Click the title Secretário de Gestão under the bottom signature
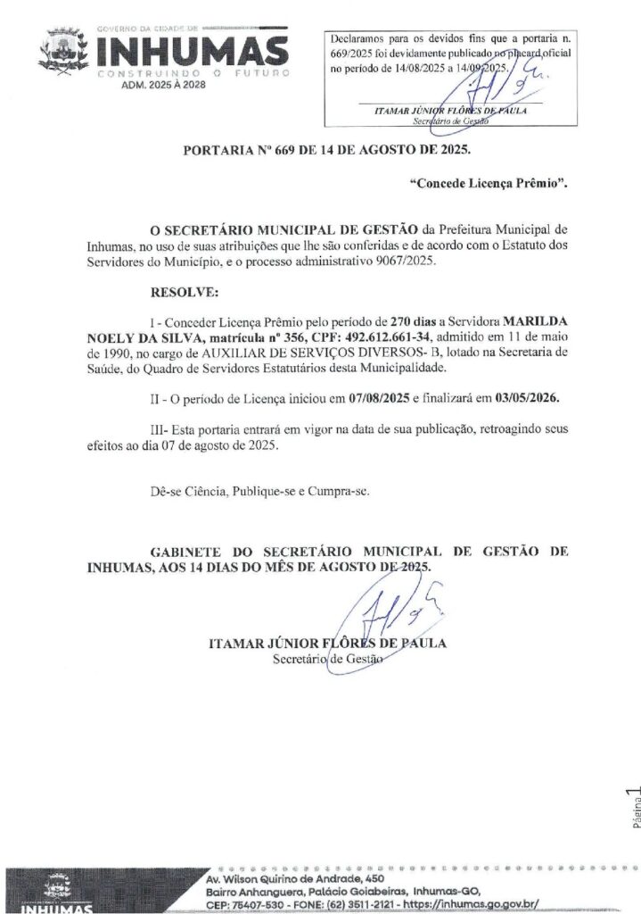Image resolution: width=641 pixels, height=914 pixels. point(326,660)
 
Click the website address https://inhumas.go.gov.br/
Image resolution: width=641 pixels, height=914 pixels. point(466,904)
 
